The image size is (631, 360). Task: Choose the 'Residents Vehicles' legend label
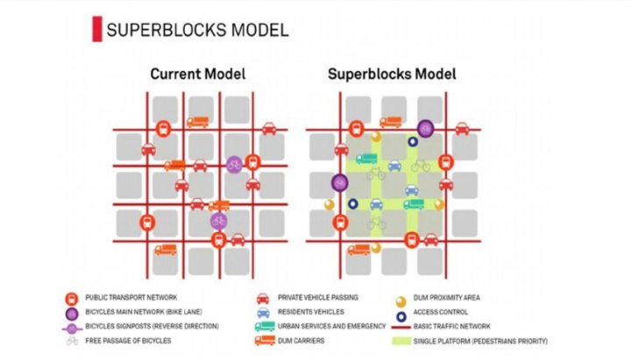tap(309, 312)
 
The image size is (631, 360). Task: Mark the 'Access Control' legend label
tap(450, 312)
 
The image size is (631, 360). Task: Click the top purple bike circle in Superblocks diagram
tap(426, 128)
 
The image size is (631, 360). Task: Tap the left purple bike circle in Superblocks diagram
tap(339, 182)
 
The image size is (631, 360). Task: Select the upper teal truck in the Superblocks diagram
tap(366, 159)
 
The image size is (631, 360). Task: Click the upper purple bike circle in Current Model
tap(234, 164)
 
